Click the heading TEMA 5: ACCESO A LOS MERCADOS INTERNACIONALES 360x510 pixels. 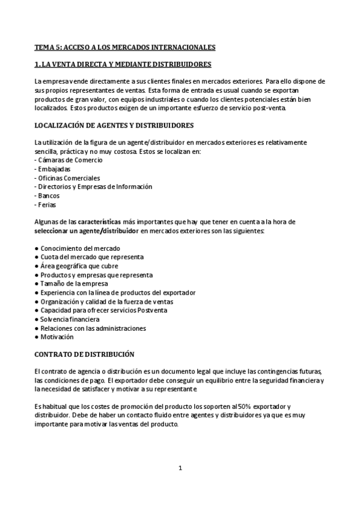tap(125, 46)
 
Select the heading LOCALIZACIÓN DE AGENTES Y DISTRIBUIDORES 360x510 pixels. tap(114, 125)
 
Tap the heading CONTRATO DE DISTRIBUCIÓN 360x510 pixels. tap(85, 354)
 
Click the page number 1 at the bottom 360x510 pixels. tap(180, 468)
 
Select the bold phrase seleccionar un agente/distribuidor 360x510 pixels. tap(87, 231)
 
